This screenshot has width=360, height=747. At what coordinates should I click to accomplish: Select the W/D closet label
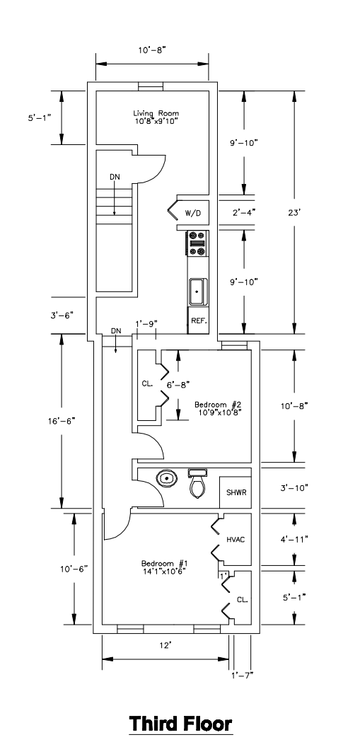click(x=193, y=214)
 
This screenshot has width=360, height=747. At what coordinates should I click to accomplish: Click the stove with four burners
click(x=197, y=243)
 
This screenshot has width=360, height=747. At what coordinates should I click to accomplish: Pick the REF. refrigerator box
click(x=198, y=320)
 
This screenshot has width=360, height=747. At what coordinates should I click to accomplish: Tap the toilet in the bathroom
click(x=197, y=484)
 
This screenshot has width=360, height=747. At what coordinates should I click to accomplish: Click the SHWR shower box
click(x=236, y=492)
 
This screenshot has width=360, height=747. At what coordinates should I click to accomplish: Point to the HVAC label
click(x=236, y=540)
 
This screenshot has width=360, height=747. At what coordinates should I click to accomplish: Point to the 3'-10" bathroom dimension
click(x=295, y=487)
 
